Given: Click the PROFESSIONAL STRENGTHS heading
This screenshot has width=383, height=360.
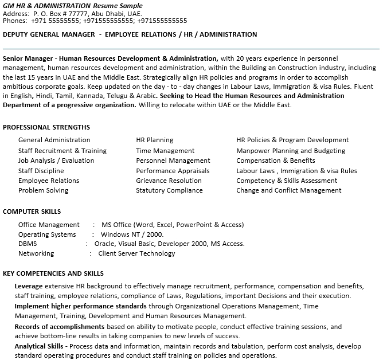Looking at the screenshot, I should [x=46, y=127].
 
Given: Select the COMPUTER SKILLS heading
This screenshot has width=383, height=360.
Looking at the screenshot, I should [x=32, y=212].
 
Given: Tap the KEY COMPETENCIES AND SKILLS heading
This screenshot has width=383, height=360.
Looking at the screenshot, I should [x=53, y=273].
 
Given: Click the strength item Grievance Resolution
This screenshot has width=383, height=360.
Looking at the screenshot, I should [x=169, y=181].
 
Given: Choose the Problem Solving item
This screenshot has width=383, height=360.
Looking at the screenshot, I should [x=43, y=190].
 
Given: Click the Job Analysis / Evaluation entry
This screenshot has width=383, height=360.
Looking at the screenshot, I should [x=56, y=161].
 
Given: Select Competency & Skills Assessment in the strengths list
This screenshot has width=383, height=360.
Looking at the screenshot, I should [x=287, y=181].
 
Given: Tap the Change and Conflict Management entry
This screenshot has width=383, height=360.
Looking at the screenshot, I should [x=289, y=190].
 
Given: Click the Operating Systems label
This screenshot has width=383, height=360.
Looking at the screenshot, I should [x=47, y=234].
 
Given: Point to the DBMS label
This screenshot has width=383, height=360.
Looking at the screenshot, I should [x=28, y=244].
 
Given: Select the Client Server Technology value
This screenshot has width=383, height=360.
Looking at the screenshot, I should [x=136, y=253].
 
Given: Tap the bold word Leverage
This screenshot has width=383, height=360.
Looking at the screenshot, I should [x=29, y=285].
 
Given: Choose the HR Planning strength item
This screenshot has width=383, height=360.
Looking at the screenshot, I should [x=154, y=140].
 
